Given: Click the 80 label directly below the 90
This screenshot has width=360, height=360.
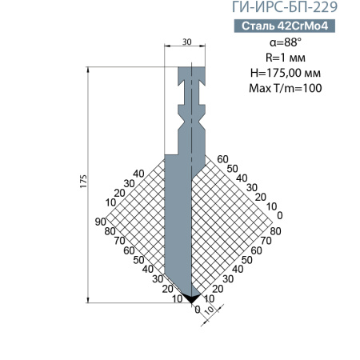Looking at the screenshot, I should [110, 231].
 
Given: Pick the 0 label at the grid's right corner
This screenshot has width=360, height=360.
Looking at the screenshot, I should [280, 214].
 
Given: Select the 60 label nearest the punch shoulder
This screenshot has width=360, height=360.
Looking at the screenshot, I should [222, 158].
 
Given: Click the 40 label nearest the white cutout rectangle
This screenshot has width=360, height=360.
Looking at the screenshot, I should [138, 174].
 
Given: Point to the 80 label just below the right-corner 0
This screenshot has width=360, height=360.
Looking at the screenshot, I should [275, 231].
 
